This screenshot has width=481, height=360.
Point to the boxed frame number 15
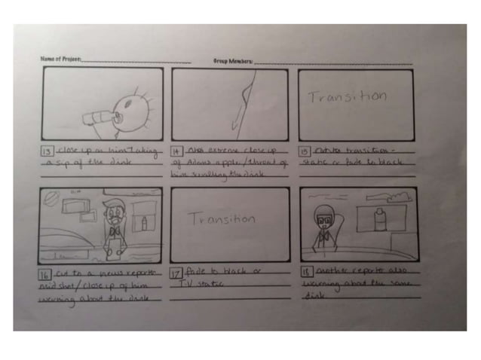305,151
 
